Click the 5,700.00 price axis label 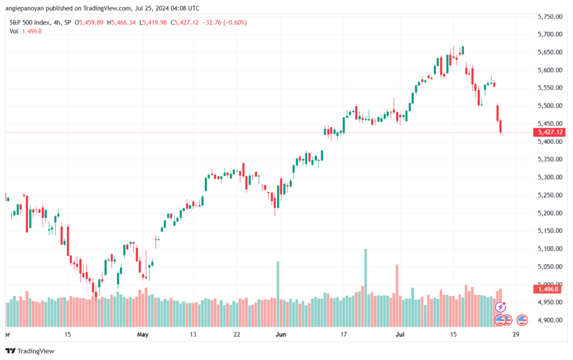click(550, 34)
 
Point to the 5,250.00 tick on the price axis click(550, 195)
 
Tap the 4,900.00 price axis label click(550, 320)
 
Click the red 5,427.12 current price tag click(549, 132)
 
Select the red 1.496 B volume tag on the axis click(547, 289)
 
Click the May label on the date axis click(143, 334)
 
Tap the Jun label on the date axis click(281, 334)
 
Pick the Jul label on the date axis click(400, 334)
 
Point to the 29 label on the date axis click(515, 334)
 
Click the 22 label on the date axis click(237, 334)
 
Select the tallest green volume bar click(365, 288)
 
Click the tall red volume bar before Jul click(397, 296)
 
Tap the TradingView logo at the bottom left click(30, 351)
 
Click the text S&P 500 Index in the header click(30, 22)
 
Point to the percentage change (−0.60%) click(236, 22)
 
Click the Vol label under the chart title click(13, 31)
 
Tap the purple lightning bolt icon click(500, 307)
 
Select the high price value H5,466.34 click(121, 22)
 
